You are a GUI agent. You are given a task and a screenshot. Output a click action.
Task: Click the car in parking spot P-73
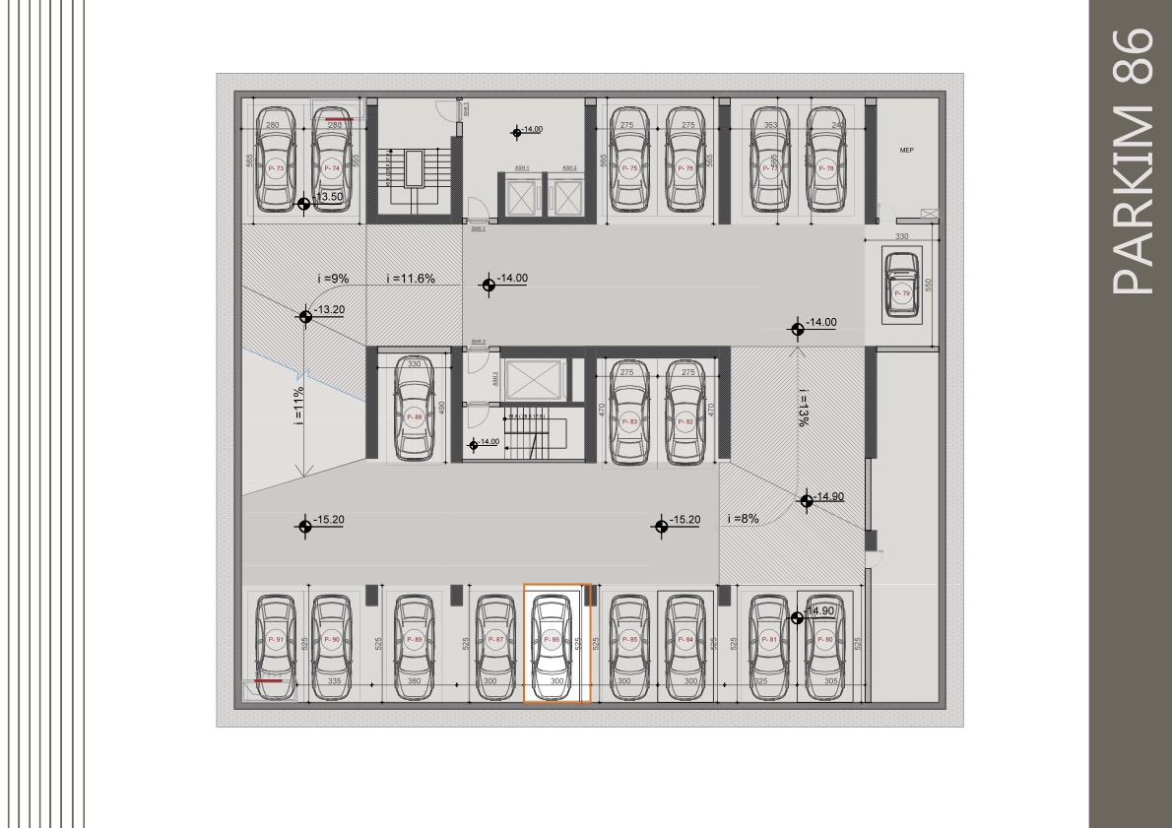pos(276,161)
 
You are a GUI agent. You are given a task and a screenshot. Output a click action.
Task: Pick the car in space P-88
pos(415,410)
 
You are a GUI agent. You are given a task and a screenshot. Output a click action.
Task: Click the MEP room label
pos(907,151)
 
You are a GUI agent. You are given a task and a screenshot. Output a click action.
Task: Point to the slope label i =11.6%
pos(411,279)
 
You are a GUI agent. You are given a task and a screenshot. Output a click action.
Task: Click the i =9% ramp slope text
pos(334,279)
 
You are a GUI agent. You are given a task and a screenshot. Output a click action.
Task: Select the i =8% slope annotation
pos(743,519)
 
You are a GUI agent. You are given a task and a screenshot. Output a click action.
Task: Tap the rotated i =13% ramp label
pos(803,407)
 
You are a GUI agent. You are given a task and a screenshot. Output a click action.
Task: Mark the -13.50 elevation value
pos(328,197)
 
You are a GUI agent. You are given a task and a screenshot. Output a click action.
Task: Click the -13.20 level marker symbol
pos(305,315)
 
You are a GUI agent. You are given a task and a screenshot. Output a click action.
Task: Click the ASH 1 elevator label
pos(521,168)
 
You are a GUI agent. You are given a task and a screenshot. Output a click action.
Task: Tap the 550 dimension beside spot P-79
pos(928,286)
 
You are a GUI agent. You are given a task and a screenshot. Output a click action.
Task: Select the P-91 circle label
pos(276,641)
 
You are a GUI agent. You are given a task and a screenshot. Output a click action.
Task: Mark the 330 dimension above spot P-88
pos(415,364)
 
